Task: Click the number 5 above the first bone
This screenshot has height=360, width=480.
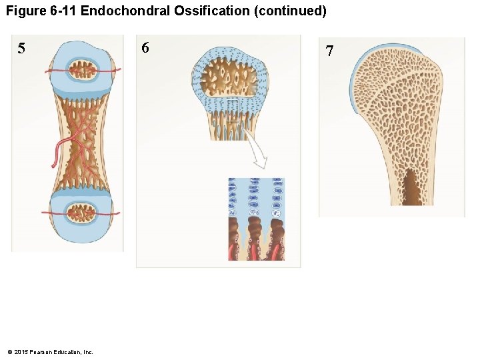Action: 22,48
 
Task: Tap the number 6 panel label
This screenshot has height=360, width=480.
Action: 145,47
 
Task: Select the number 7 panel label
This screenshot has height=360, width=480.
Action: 329,51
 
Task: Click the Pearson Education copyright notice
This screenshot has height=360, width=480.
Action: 50,351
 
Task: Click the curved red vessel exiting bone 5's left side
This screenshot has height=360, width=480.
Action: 57,150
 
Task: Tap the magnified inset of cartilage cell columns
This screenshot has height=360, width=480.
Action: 256,219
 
